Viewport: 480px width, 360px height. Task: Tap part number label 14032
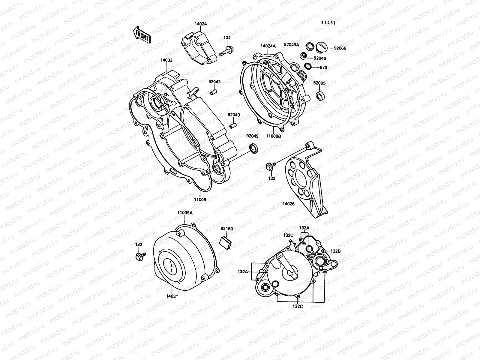point(166,60)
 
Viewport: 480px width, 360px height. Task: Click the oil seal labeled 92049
point(253,148)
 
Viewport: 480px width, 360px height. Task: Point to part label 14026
point(288,204)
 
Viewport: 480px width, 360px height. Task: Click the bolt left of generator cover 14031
point(140,256)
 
